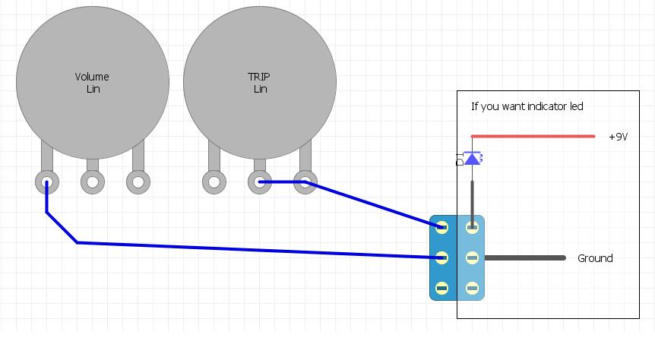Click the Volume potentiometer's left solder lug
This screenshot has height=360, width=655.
pos(47,182)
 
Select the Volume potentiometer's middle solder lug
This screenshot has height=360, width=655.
pos(93,182)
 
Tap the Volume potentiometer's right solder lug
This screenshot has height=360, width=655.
pos(138,182)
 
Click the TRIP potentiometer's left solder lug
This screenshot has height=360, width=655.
pos(214,182)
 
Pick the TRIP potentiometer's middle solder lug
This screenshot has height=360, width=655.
pos(260,182)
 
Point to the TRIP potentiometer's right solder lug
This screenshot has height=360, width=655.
pos(305,182)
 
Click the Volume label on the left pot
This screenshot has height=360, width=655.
pos(92,77)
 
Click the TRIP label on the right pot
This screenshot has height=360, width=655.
pos(259,77)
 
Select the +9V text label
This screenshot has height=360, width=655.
pos(619,137)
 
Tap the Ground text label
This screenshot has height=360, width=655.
pos(595,258)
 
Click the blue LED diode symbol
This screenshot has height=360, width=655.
pos(473,159)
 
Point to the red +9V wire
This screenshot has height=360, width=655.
pos(532,137)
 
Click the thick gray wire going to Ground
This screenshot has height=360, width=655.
pos(524,258)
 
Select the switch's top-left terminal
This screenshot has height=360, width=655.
pos(442,227)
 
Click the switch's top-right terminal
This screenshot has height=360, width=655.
pos(472,227)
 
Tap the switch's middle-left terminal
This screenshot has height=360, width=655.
pos(442,258)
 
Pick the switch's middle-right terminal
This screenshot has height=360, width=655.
pos(472,258)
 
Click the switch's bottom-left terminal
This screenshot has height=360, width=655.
pos(442,289)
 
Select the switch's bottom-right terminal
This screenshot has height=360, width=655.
pos(472,289)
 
